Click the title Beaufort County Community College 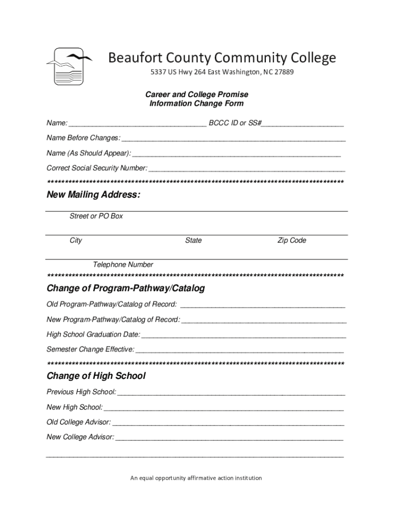point(222,58)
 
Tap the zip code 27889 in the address point(284,72)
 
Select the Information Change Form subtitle point(196,104)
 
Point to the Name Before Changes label point(84,138)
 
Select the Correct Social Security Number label point(97,168)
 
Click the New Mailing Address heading point(93,195)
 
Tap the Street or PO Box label point(96,216)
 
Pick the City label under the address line point(76,240)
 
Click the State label point(193,240)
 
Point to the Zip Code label point(291,240)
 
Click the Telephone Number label point(122,265)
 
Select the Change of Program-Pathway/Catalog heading point(126,289)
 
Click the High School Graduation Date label point(93,335)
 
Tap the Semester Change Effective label point(90,349)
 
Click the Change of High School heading point(96,376)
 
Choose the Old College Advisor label point(79,422)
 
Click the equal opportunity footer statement point(196,478)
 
